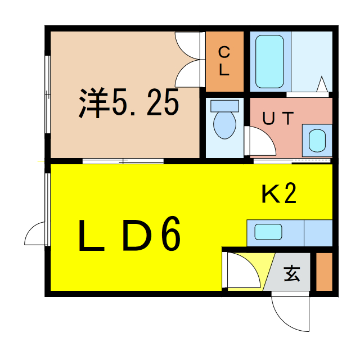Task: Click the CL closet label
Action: (x=224, y=61)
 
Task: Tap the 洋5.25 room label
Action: (x=129, y=102)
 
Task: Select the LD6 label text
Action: (x=129, y=235)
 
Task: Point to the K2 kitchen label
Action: (x=279, y=193)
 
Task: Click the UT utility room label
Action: (x=278, y=118)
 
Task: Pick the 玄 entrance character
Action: (x=292, y=273)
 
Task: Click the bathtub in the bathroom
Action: (x=269, y=61)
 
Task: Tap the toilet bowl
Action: (x=224, y=125)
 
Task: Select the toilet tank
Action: (x=224, y=106)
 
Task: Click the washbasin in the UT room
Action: (x=317, y=141)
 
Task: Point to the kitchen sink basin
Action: (x=268, y=232)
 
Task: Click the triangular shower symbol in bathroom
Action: (x=322, y=84)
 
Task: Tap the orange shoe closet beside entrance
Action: (x=324, y=272)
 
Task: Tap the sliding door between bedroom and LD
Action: (x=123, y=161)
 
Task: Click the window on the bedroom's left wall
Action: (x=48, y=94)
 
